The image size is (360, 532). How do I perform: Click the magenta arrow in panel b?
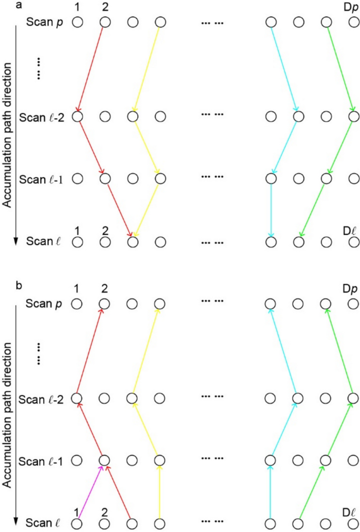click(x=90, y=494)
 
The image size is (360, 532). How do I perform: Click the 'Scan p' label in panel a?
click(x=47, y=23)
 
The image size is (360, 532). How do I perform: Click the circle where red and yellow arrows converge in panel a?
click(x=132, y=242)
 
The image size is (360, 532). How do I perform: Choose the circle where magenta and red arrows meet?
click(x=105, y=460)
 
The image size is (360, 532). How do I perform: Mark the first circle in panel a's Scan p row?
click(x=77, y=22)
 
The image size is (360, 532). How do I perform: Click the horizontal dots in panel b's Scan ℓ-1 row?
click(x=213, y=460)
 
